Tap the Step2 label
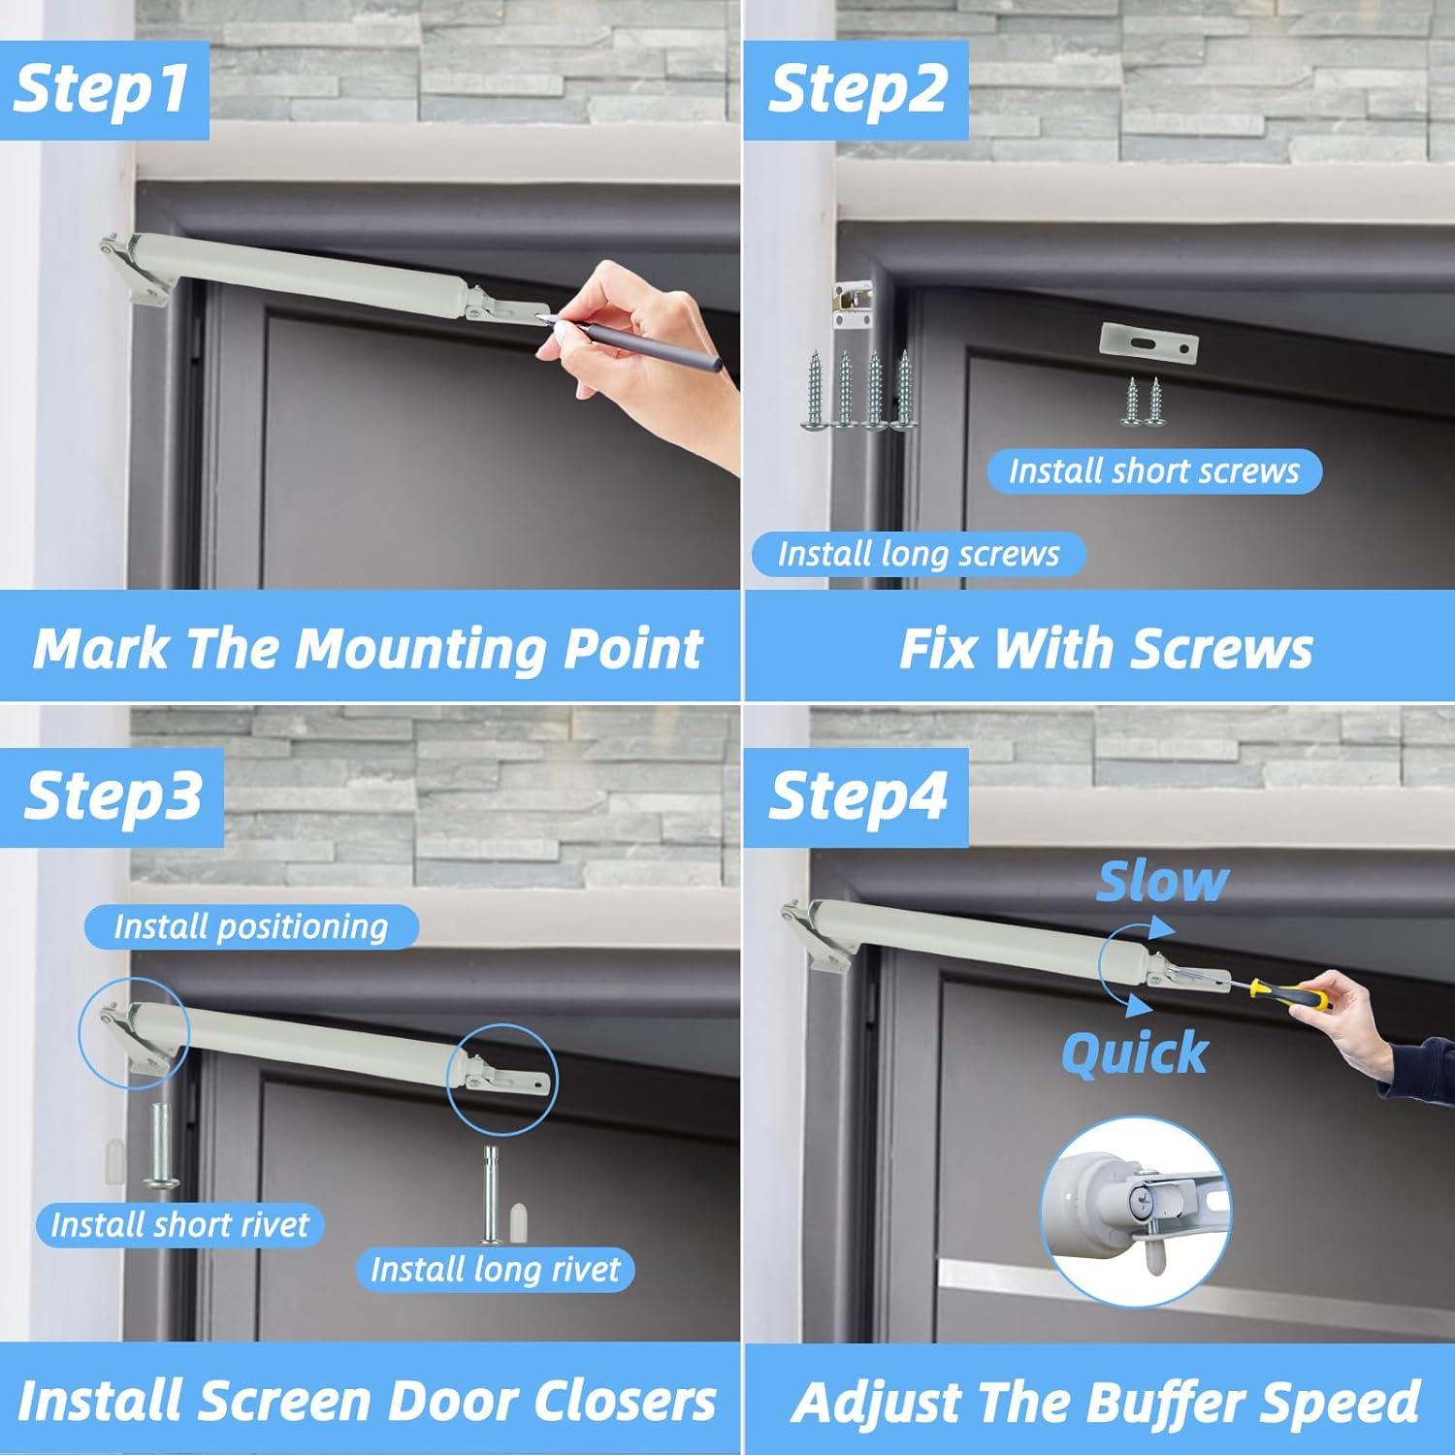coord(857,89)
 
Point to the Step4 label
coord(857,796)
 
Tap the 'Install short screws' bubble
coord(1154,471)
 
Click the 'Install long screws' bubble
coord(919,554)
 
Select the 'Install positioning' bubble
coord(251,926)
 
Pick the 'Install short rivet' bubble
coord(179,1224)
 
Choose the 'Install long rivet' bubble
coord(495,1270)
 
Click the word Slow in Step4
coord(1162,882)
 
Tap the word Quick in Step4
coord(1135,1052)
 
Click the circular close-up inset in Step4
coord(1135,1212)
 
